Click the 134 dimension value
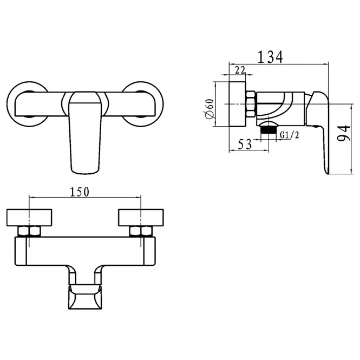coord(270,57)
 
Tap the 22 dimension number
coord(240,70)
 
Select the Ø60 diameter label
coord(210,109)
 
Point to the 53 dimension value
coord(245,145)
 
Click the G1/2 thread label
coord(290,135)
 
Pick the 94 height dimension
coord(344,133)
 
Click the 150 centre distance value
coord(80,192)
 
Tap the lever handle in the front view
coord(85,133)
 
